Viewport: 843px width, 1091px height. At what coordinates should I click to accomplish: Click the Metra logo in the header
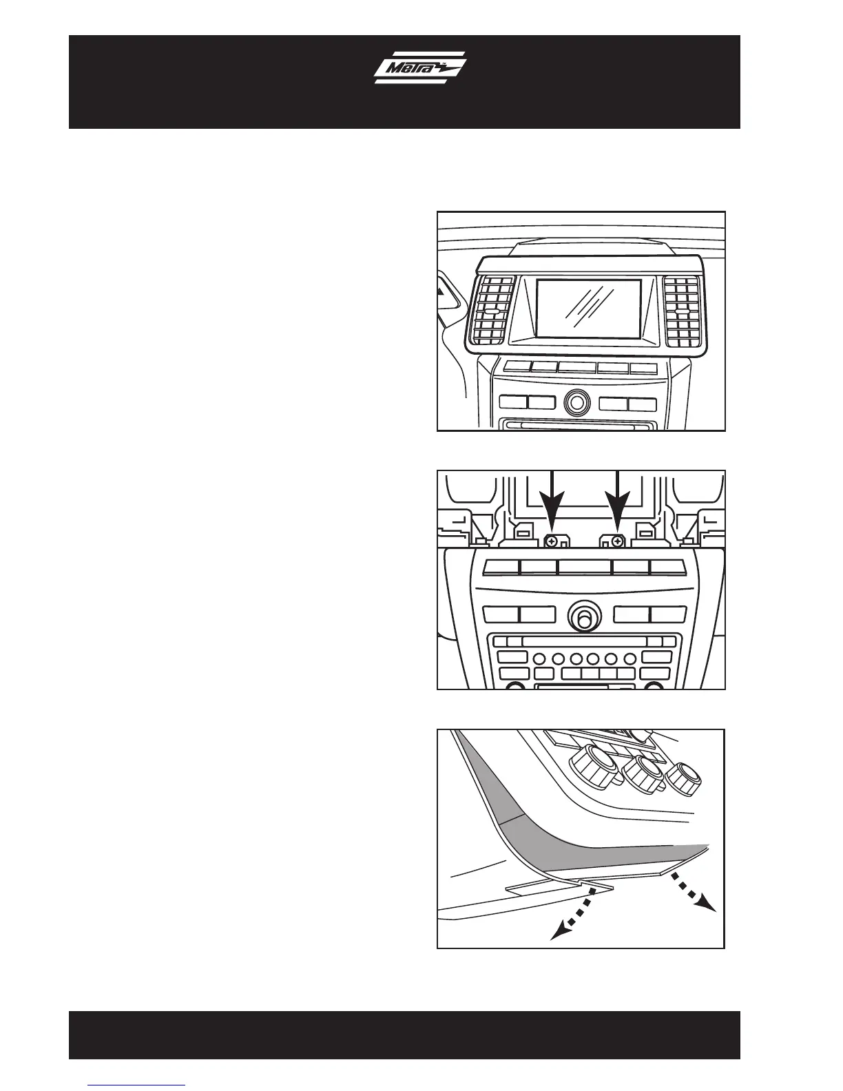[419, 68]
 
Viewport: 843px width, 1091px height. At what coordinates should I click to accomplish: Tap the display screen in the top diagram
[589, 309]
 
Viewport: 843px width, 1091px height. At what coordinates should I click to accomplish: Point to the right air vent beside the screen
[681, 311]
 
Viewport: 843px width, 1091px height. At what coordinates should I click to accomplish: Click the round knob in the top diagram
[577, 402]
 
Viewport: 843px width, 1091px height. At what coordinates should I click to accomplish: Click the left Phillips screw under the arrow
[551, 541]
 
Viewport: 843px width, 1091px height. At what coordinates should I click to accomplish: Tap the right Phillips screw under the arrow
[617, 541]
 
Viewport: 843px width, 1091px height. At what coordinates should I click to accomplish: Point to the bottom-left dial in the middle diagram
[514, 686]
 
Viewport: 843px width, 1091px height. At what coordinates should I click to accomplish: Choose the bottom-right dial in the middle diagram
[654, 686]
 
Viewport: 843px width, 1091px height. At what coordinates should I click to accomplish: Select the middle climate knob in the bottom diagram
[643, 771]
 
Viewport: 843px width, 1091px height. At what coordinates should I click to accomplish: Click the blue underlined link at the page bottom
[137, 1085]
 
